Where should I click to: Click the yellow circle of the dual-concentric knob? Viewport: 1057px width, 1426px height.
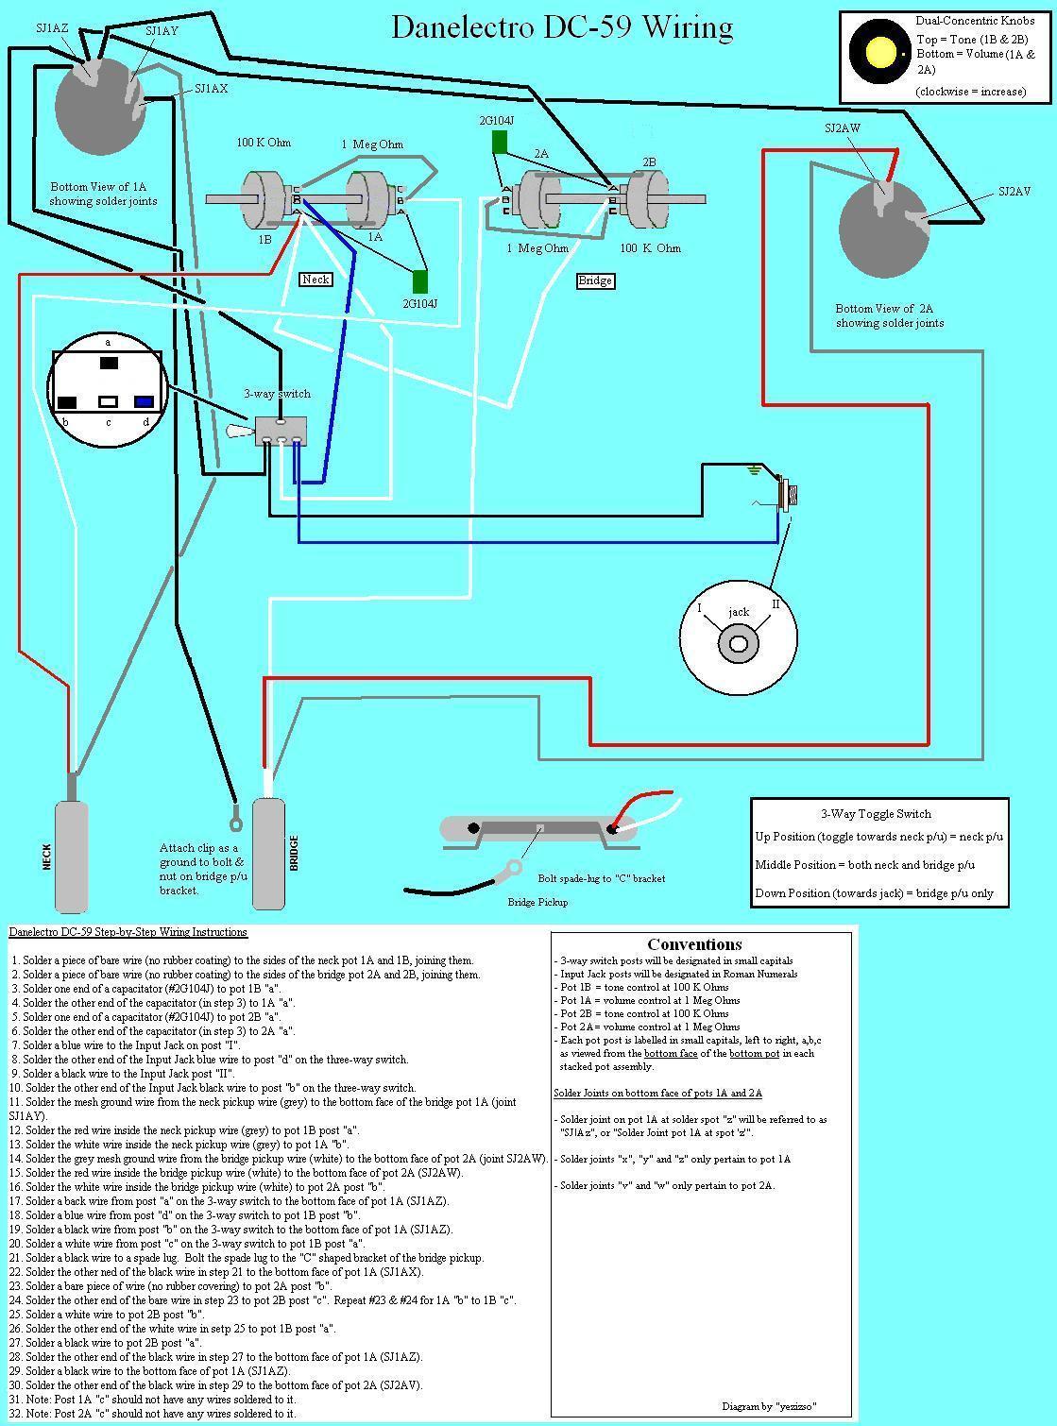click(x=880, y=51)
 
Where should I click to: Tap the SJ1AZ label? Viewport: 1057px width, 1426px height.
click(x=52, y=28)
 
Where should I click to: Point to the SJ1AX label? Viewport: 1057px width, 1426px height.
click(x=211, y=89)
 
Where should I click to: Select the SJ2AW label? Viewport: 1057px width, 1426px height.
click(x=843, y=128)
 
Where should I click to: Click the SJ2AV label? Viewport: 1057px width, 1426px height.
click(x=1014, y=192)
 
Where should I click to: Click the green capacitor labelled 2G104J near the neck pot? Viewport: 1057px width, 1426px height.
click(x=420, y=281)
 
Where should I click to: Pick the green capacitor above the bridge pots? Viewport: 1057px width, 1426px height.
click(x=500, y=143)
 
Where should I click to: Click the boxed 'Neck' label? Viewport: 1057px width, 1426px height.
click(x=315, y=279)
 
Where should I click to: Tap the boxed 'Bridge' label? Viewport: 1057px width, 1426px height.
click(x=595, y=280)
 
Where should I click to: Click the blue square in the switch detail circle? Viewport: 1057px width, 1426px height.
click(x=144, y=401)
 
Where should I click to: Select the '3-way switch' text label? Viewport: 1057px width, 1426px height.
click(x=277, y=394)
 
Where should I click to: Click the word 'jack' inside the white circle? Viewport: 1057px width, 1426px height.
click(x=739, y=612)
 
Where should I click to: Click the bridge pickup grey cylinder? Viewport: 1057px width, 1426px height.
click(x=270, y=854)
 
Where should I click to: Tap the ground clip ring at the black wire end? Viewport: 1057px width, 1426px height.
click(x=233, y=808)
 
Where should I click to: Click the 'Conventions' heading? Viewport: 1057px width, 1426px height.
click(x=694, y=944)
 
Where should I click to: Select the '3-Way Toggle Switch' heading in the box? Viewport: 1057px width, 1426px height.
click(x=876, y=813)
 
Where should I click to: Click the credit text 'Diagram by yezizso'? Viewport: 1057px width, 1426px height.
click(x=769, y=1406)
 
